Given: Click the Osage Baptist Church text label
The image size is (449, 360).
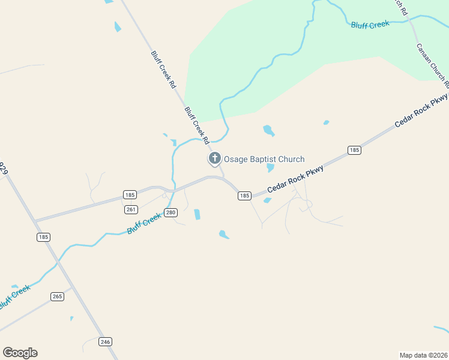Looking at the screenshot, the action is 264,159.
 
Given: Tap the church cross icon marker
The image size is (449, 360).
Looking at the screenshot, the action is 214,158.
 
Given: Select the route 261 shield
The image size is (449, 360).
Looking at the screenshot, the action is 131,209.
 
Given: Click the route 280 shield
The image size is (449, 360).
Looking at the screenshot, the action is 171,212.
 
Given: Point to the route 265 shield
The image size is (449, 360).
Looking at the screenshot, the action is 57,296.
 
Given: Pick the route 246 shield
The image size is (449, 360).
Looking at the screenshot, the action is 106,341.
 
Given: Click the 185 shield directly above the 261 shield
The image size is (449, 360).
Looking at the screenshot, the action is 130,194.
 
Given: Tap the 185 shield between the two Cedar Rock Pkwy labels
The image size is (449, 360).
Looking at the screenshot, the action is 354,150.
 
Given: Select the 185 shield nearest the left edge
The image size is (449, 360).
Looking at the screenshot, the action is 43,237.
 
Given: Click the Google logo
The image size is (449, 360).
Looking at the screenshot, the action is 20,353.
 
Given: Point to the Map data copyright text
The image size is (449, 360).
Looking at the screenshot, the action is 423,355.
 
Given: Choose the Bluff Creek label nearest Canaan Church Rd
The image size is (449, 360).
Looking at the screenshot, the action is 370,24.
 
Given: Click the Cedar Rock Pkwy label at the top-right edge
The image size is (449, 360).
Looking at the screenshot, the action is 422,109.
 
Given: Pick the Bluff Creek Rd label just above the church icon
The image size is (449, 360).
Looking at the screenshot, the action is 196,125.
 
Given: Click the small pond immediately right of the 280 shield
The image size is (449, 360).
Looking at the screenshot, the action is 197,214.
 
